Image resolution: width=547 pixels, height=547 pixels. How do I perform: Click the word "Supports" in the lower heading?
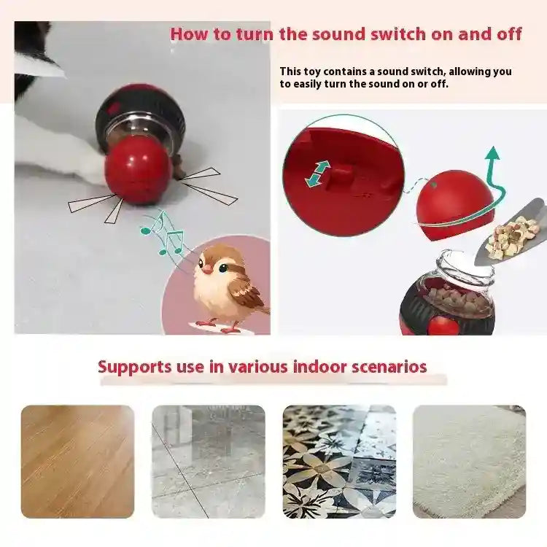(x=131, y=366)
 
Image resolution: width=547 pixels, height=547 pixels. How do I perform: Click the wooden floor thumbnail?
(x=77, y=462)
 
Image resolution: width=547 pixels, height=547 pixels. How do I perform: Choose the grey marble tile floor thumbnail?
(x=209, y=462)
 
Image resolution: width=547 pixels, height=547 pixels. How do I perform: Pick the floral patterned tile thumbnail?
(x=339, y=462)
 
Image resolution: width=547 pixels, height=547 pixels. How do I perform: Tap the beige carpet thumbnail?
(x=469, y=462)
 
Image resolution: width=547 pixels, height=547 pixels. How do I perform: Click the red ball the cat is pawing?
(x=138, y=169)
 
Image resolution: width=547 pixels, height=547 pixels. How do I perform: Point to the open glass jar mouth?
(x=467, y=263)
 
